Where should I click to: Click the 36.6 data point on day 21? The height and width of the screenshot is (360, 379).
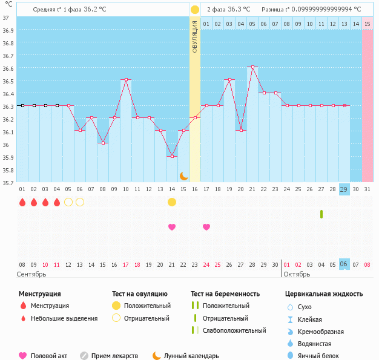[x=252, y=67]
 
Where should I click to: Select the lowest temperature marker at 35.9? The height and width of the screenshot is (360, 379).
[x=172, y=156]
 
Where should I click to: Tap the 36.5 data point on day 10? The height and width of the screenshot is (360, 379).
[x=126, y=80]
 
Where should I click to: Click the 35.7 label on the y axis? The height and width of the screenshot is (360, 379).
[x=7, y=183]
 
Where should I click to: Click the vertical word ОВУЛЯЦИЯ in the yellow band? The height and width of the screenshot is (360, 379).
[x=194, y=36]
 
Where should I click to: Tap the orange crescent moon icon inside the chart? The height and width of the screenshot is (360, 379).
[x=183, y=175]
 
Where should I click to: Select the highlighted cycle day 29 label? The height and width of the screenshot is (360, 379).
[x=344, y=189]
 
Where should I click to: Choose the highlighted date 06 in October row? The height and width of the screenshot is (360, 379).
[x=344, y=264]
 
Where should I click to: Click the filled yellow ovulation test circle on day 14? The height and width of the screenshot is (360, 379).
[x=172, y=201]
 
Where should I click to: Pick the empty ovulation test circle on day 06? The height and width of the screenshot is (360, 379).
[x=80, y=201]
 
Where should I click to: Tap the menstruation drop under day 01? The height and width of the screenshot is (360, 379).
[x=22, y=202]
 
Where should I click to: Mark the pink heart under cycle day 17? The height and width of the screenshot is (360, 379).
[x=206, y=227]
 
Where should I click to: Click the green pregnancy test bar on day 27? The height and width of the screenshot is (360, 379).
[x=321, y=214]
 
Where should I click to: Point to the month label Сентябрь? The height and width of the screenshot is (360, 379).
[x=31, y=275]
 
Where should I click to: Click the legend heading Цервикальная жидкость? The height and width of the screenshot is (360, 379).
[x=324, y=294]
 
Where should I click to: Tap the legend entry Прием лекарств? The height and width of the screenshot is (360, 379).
[x=114, y=356]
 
